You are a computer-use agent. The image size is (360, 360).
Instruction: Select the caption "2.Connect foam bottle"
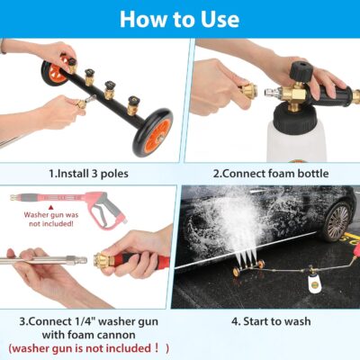[x=269, y=173]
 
